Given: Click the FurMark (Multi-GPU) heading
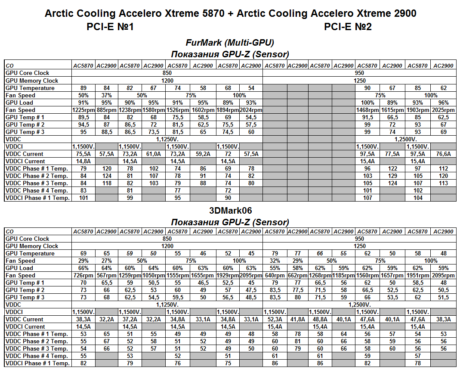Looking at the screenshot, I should click(230, 43).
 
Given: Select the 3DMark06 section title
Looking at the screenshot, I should click(230, 211).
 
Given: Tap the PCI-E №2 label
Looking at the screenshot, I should click(348, 27).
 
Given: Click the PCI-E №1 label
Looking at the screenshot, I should click(111, 27).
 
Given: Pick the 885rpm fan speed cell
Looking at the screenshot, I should click(107, 110).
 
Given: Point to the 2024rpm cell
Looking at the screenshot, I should click(251, 110).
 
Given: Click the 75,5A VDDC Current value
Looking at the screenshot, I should click(83, 154).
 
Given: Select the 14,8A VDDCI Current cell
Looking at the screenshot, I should click(83, 161).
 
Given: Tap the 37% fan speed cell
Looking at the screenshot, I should click(107, 95).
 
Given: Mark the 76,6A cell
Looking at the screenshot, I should click(443, 154).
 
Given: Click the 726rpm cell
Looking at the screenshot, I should click(83, 275).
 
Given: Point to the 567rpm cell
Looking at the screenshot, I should click(107, 275).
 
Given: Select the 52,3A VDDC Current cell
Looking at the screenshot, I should click(274, 319).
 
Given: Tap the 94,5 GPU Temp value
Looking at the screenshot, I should click(83, 124).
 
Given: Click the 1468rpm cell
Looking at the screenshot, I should click(367, 110).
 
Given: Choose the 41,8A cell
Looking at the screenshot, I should click(297, 319).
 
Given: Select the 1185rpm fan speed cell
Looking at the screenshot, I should click(343, 275).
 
